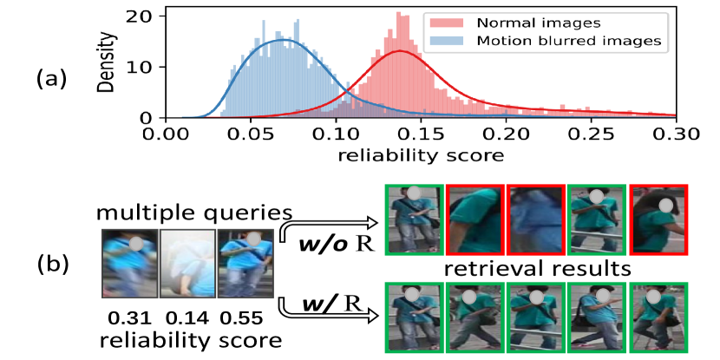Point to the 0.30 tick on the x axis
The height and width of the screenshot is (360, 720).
point(676,134)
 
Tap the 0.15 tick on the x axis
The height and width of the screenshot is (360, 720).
point(419,134)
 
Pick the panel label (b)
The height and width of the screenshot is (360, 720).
point(49,259)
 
